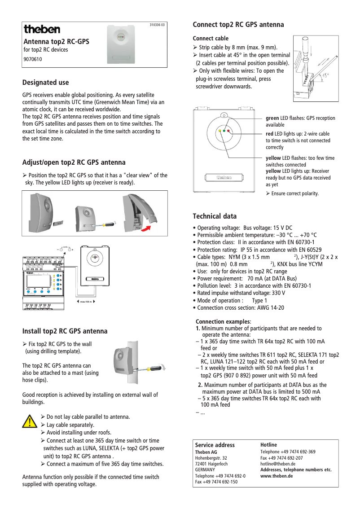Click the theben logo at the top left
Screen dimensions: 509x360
pyautogui.click(x=42, y=30)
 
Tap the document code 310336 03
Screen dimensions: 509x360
pyautogui.click(x=157, y=25)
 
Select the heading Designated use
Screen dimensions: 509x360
pyautogui.click(x=46, y=83)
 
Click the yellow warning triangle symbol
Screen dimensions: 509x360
pyautogui.click(x=30, y=421)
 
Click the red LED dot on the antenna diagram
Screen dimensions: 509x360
pyautogui.click(x=228, y=131)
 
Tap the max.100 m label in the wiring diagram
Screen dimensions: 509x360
pyautogui.click(x=85, y=302)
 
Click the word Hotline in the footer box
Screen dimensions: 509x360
pyautogui.click(x=269, y=445)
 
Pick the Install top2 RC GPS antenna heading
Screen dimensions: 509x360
pyautogui.click(x=65, y=331)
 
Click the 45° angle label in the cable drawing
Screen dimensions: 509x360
pyautogui.click(x=326, y=75)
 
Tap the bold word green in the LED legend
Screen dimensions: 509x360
pyautogui.click(x=273, y=118)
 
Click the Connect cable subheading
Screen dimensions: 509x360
pyautogui.click(x=211, y=39)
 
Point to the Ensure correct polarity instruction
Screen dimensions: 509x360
pyautogui.click(x=292, y=193)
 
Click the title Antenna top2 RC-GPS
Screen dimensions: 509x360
pyautogui.click(x=57, y=42)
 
